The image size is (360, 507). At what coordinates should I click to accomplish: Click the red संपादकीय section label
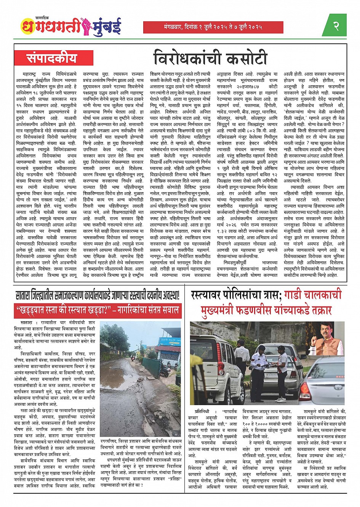[51, 58]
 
